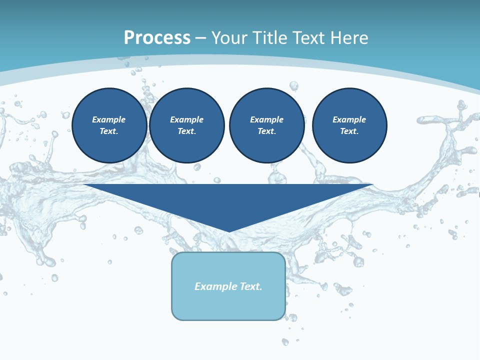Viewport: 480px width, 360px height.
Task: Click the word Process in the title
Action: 157,38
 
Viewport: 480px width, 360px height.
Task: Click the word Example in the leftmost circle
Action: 109,119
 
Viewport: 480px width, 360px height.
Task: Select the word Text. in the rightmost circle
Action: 349,131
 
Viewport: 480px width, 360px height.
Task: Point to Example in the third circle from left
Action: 266,119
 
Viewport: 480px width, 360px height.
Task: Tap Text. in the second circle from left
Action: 186,131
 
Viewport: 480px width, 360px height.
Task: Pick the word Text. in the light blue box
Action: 250,286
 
